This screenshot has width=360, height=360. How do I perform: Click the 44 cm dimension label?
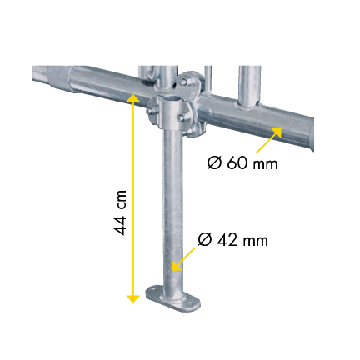[x=120, y=212]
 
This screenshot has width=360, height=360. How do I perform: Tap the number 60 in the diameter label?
[x=237, y=163]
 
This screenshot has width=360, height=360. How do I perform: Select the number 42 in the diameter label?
[x=227, y=240]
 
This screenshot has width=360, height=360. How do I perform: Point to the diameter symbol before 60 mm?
[x=214, y=163]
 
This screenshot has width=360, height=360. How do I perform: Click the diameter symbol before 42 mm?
[x=205, y=240]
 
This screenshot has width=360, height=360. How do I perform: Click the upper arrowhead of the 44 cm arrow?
[x=133, y=97]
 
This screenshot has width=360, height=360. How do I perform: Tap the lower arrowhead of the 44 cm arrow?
[x=133, y=298]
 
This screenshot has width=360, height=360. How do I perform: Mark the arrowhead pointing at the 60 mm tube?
[x=277, y=132]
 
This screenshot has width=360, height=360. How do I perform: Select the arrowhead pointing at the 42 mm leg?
[x=176, y=266]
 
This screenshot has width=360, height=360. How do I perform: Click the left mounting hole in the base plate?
[x=152, y=290]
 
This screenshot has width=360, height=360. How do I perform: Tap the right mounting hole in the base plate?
[x=190, y=303]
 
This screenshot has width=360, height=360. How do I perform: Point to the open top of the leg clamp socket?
[x=172, y=99]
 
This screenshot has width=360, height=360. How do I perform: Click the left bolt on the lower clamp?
[x=150, y=112]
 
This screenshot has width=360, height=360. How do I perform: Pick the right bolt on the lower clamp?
[x=181, y=117]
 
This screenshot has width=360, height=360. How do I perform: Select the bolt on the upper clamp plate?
[x=183, y=82]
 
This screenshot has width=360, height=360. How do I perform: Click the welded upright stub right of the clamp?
[x=249, y=87]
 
